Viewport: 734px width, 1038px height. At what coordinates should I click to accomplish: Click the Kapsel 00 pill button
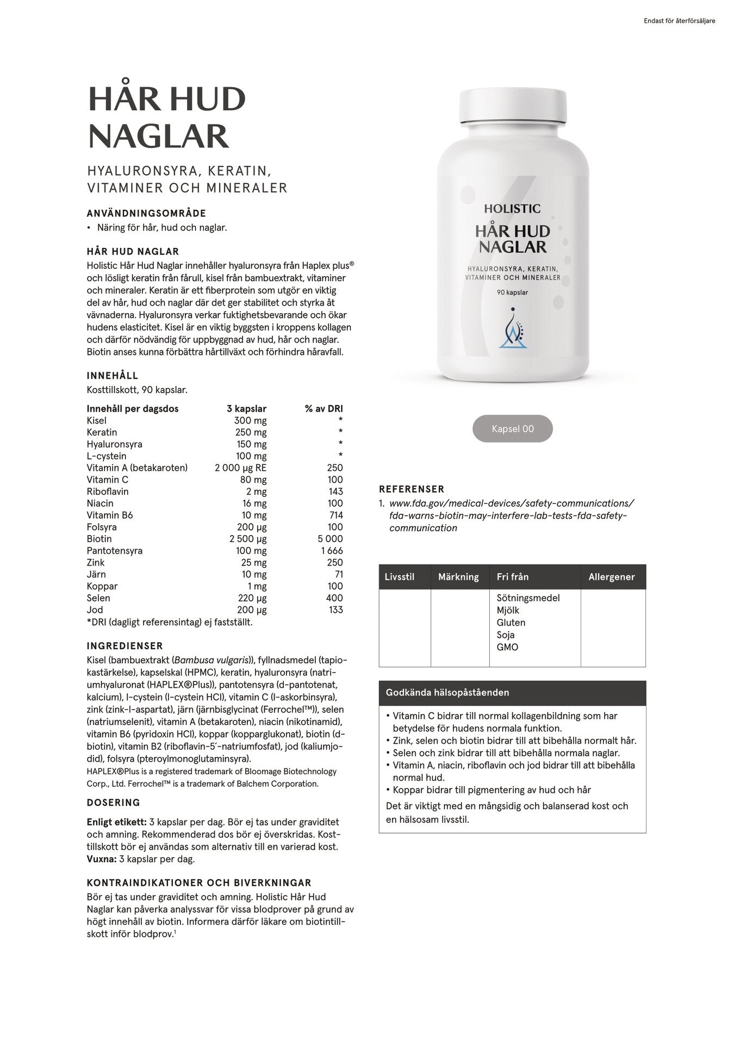512,428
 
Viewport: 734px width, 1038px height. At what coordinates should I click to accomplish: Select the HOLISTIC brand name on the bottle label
512,208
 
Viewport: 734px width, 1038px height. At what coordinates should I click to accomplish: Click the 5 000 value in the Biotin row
331,539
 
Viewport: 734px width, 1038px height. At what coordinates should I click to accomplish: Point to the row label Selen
98,598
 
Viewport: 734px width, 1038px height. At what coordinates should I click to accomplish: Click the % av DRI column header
324,408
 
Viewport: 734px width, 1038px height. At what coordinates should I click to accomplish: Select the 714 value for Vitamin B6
335,515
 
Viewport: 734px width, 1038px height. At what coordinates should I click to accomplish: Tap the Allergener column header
612,577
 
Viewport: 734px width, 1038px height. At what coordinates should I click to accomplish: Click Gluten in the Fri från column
511,623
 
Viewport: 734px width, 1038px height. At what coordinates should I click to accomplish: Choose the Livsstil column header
400,577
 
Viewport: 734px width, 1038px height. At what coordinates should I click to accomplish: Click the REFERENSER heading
412,489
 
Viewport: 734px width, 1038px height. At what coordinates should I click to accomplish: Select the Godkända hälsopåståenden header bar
512,693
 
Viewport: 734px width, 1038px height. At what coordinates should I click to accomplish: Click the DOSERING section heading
114,803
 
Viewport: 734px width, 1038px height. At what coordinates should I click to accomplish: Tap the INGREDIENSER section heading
125,646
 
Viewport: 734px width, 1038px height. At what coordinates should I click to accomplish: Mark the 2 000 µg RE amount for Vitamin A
241,468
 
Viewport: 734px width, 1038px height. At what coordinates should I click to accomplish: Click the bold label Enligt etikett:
116,822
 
